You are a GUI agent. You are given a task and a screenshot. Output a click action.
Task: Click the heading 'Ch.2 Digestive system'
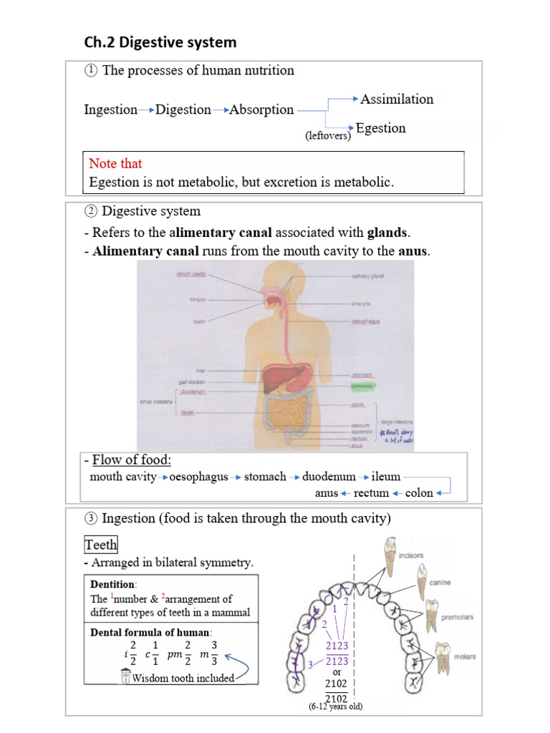click(x=160, y=42)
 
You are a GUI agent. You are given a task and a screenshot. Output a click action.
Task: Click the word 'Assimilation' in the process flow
click(x=397, y=99)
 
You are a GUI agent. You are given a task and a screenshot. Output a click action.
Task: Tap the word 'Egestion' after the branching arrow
click(x=380, y=129)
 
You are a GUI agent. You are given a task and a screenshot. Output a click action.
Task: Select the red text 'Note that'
click(x=115, y=163)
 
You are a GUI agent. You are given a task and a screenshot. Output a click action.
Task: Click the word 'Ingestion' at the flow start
click(x=110, y=110)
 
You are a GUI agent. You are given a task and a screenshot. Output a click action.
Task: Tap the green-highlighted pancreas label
click(x=364, y=386)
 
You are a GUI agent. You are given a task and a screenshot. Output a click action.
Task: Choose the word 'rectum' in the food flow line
click(x=371, y=492)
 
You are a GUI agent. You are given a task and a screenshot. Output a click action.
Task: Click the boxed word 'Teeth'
click(x=102, y=545)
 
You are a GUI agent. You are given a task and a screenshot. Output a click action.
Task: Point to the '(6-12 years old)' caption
click(x=336, y=707)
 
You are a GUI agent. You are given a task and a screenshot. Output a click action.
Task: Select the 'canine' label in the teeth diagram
click(x=440, y=583)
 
